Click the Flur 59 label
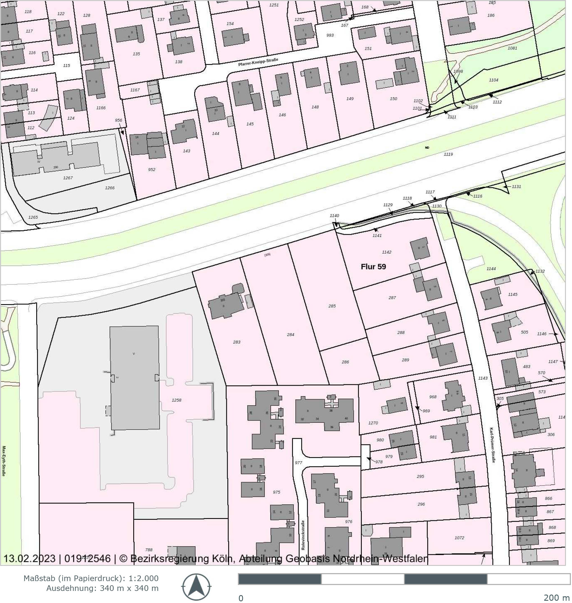[x=373, y=267]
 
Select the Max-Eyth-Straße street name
[x=4, y=461]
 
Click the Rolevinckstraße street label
[x=303, y=535]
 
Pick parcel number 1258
[x=177, y=400]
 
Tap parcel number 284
[x=291, y=335]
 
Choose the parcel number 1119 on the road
[x=448, y=154]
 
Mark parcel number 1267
[x=68, y=178]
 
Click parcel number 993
[x=330, y=35]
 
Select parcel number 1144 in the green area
[x=491, y=269]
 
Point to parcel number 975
[x=276, y=492]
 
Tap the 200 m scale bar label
[x=556, y=598]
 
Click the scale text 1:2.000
[x=144, y=578]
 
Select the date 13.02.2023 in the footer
[x=29, y=559]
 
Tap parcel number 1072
[x=459, y=538]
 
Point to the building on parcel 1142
[x=420, y=248]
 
